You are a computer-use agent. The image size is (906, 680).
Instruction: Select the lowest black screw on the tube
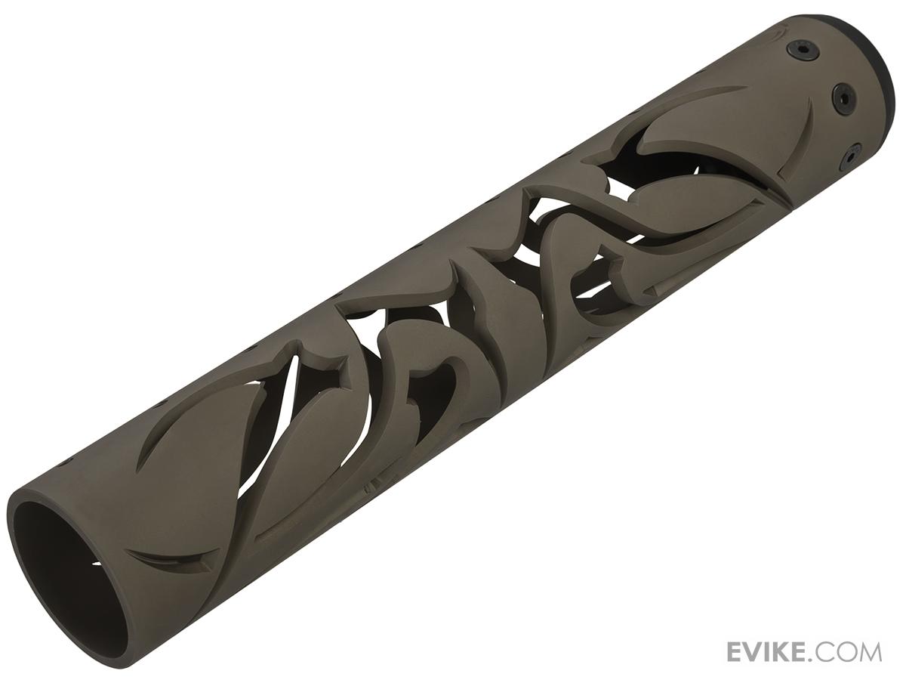pyautogui.click(x=850, y=157)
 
